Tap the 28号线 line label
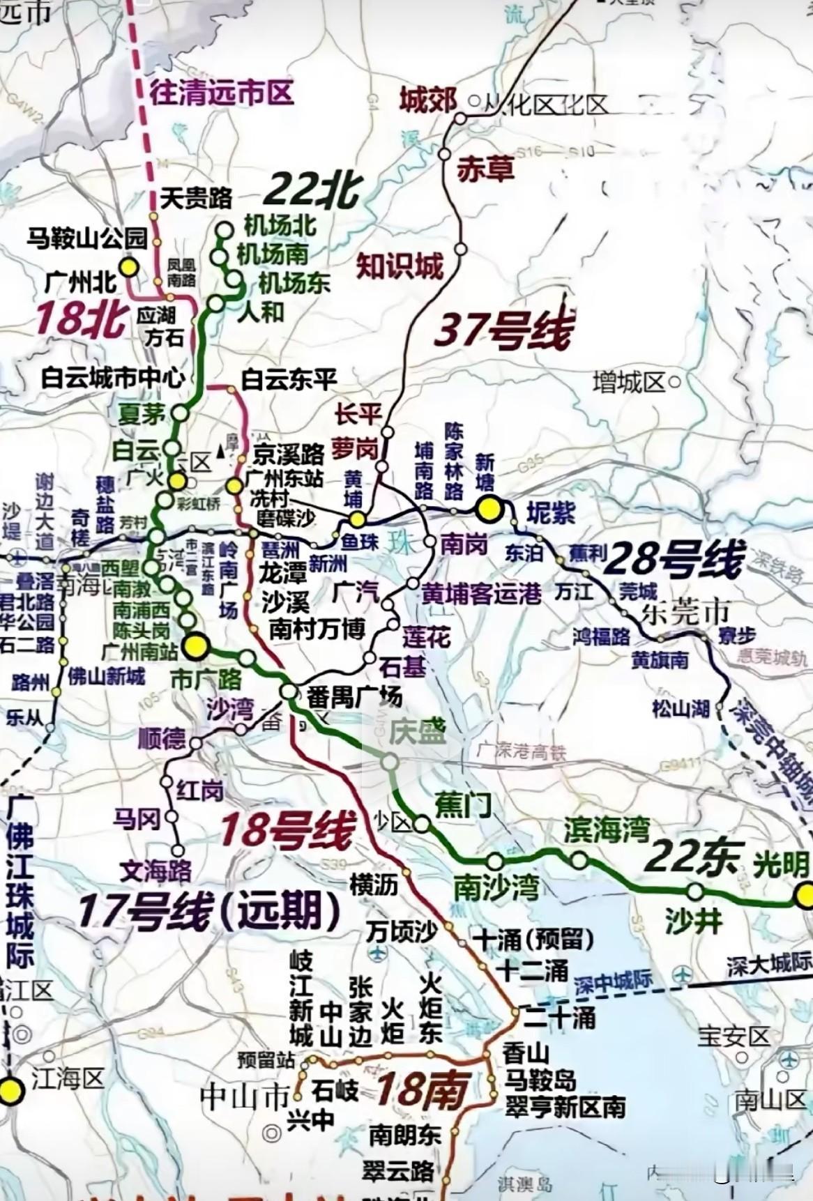click(674, 560)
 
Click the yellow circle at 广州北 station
click(128, 266)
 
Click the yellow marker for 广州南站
click(195, 645)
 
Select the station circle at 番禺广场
click(289, 691)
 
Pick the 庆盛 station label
click(417, 733)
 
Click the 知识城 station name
click(400, 266)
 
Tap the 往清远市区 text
click(222, 93)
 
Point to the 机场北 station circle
click(225, 229)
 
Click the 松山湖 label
click(681, 709)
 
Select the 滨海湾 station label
click(607, 830)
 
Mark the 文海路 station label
click(155, 870)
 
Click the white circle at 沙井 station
click(694, 891)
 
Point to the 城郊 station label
click(427, 100)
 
